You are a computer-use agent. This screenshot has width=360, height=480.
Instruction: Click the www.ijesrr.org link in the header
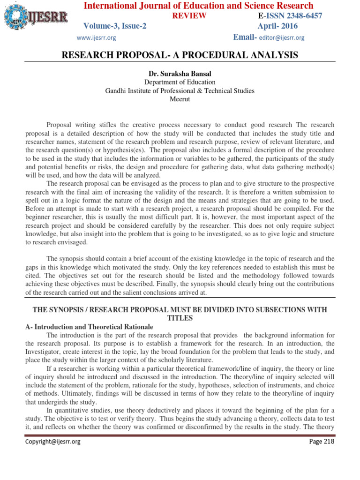click(x=96, y=37)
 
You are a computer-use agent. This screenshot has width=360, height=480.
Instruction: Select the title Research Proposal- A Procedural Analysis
click(x=180, y=55)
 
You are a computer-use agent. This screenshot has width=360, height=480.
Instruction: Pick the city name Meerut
click(x=180, y=99)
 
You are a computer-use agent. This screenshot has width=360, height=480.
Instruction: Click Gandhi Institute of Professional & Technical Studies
click(x=180, y=91)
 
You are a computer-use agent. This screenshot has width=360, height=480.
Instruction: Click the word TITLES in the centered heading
click(x=180, y=318)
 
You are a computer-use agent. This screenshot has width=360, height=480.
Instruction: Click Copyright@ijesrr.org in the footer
click(x=53, y=442)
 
